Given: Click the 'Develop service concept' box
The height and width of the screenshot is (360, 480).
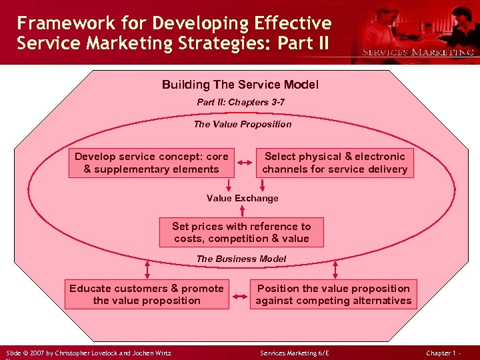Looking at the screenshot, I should click(151, 163).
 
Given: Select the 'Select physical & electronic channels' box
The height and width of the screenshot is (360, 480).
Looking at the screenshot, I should click(335, 163).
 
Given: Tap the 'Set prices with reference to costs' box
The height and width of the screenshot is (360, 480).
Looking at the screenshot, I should click(241, 233).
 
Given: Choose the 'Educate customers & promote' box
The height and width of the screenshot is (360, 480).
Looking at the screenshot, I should click(147, 295).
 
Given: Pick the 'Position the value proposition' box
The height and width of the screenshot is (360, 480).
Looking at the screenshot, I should click(333, 295).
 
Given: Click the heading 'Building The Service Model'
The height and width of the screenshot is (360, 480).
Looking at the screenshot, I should click(240, 85).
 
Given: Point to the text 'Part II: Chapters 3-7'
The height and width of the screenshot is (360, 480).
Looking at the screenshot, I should click(241, 103).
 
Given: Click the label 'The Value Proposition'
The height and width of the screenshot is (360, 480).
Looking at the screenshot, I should click(242, 124).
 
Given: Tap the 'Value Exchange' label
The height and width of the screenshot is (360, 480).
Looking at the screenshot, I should click(242, 198).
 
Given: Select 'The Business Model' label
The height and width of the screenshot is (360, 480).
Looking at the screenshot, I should click(241, 259).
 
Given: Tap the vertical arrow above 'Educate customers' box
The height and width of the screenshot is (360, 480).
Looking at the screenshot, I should click(147, 268).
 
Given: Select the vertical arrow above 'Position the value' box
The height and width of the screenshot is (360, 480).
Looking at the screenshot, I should click(335, 268).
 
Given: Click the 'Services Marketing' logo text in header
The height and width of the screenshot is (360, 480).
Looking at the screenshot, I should click(418, 52).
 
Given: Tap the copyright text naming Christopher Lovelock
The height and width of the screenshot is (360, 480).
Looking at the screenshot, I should click(89, 353).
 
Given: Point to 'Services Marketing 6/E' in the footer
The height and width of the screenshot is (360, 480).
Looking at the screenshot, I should click(294, 353).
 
